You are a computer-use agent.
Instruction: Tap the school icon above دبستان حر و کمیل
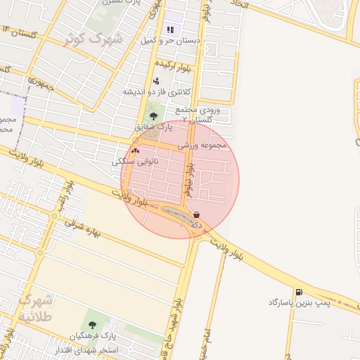[x=169, y=30]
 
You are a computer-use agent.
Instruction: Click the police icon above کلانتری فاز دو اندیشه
[x=155, y=81]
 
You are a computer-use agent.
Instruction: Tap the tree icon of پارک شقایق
[x=153, y=115]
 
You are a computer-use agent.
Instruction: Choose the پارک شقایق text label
[x=154, y=127]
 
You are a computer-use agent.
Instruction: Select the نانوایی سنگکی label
[x=135, y=162]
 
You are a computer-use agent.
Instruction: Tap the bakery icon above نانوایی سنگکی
[x=135, y=150]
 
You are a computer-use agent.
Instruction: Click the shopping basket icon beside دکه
[x=195, y=214]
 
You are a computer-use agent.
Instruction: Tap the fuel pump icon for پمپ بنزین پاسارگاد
[x=300, y=292]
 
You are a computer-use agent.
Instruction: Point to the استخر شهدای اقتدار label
[x=89, y=349]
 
